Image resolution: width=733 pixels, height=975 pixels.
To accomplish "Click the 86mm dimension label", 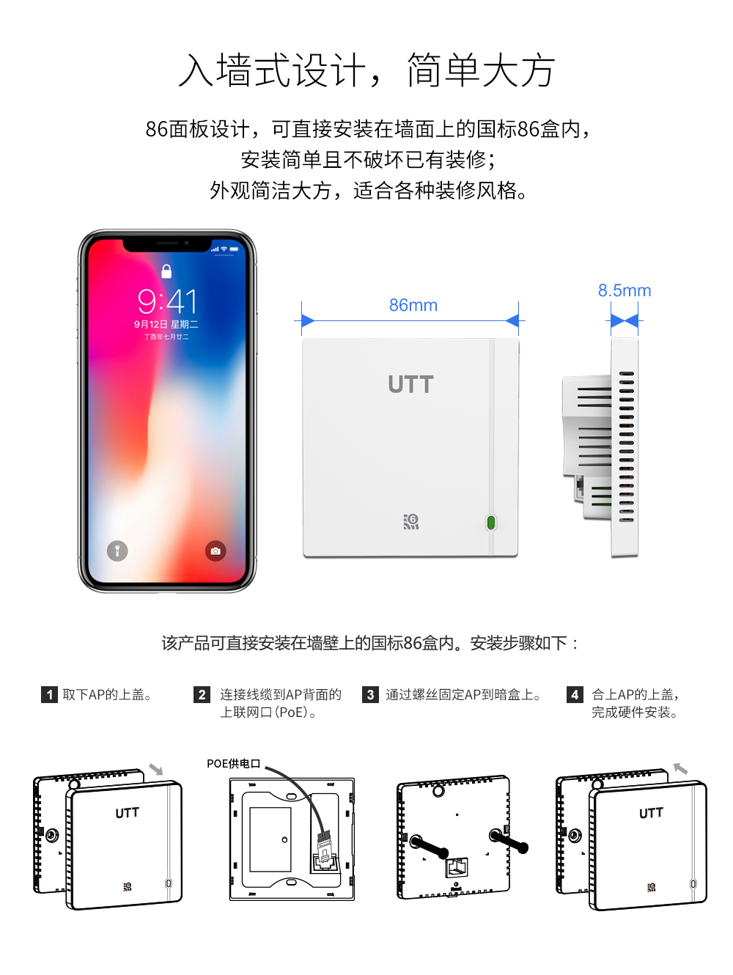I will pyautogui.click(x=413, y=305).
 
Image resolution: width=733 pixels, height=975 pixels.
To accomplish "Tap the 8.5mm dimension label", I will pyautogui.click(x=624, y=290).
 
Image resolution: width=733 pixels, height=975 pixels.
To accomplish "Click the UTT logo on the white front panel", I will pyautogui.click(x=410, y=384).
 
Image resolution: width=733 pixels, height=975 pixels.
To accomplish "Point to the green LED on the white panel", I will pyautogui.click(x=491, y=523).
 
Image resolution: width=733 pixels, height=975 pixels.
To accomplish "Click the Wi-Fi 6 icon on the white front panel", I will pyautogui.click(x=411, y=521).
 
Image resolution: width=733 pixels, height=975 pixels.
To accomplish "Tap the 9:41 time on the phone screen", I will pyautogui.click(x=167, y=301).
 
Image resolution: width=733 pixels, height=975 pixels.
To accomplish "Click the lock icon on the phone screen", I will pyautogui.click(x=166, y=271).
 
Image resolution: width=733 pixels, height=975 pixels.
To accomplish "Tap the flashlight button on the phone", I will pyautogui.click(x=117, y=551).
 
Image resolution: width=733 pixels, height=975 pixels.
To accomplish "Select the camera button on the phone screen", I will pyautogui.click(x=216, y=551).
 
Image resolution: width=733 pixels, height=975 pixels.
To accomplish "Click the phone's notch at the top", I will pyautogui.click(x=167, y=243).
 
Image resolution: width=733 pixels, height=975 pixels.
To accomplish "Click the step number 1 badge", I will pyautogui.click(x=49, y=694).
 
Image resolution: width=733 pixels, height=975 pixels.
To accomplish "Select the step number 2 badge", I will pyautogui.click(x=202, y=694).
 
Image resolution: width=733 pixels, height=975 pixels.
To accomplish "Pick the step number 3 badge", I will pyautogui.click(x=370, y=694).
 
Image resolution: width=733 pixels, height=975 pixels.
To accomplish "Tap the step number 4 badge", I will pyautogui.click(x=575, y=694).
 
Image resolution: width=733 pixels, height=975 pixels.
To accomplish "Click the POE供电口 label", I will pyautogui.click(x=233, y=764).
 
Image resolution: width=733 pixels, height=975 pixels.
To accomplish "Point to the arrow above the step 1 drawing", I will pyautogui.click(x=156, y=769).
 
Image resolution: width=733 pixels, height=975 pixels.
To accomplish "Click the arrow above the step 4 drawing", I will pyautogui.click(x=681, y=768).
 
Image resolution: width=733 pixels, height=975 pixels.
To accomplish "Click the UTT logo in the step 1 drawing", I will pyautogui.click(x=127, y=812).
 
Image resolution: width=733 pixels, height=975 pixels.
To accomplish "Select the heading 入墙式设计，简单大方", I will pyautogui.click(x=366, y=71).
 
